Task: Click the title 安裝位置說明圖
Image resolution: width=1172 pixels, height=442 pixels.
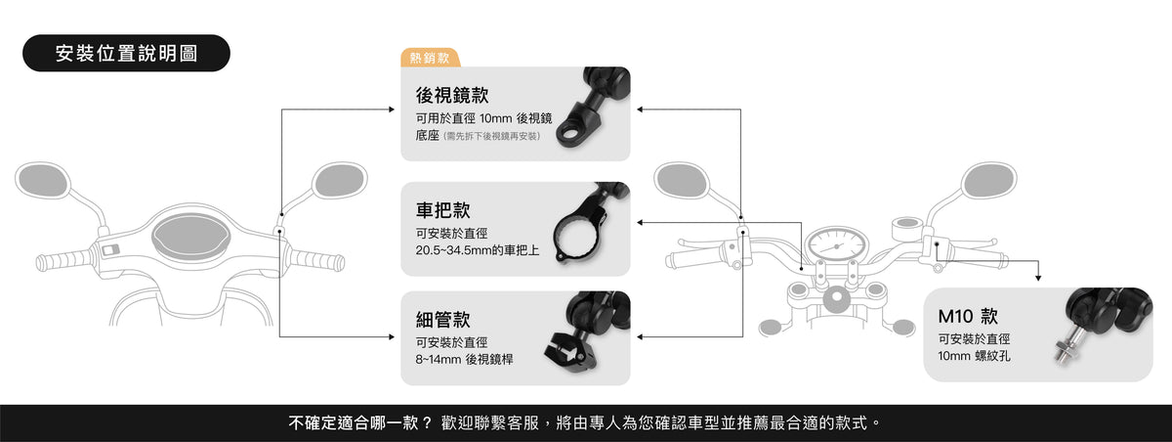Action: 126,54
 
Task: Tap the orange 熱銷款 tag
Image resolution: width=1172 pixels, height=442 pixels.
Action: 430,58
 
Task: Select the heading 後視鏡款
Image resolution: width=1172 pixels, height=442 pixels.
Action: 452,95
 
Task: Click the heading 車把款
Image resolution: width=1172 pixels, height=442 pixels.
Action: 442,210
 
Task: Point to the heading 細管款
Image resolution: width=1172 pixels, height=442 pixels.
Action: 442,320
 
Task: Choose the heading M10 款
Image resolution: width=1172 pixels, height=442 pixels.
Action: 968,316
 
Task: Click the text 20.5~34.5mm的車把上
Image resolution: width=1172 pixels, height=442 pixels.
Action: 478,250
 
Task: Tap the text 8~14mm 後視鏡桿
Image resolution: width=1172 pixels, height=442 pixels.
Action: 464,359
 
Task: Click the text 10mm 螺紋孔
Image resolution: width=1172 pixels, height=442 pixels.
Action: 974,356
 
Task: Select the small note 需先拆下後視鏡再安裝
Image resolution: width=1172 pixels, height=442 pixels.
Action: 492,136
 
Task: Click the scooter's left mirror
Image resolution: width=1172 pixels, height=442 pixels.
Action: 42,180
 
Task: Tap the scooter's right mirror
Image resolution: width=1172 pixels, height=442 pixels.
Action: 339,181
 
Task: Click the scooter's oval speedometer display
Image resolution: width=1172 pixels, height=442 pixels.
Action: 191,237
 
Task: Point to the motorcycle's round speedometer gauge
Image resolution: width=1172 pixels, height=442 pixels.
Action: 836,245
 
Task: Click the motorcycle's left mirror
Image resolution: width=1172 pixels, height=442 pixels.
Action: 682,181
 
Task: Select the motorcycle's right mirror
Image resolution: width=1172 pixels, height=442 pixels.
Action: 988,181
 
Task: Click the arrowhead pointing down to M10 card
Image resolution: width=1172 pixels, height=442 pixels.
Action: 1038,278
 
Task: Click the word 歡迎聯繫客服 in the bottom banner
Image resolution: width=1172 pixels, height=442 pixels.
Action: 489,422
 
